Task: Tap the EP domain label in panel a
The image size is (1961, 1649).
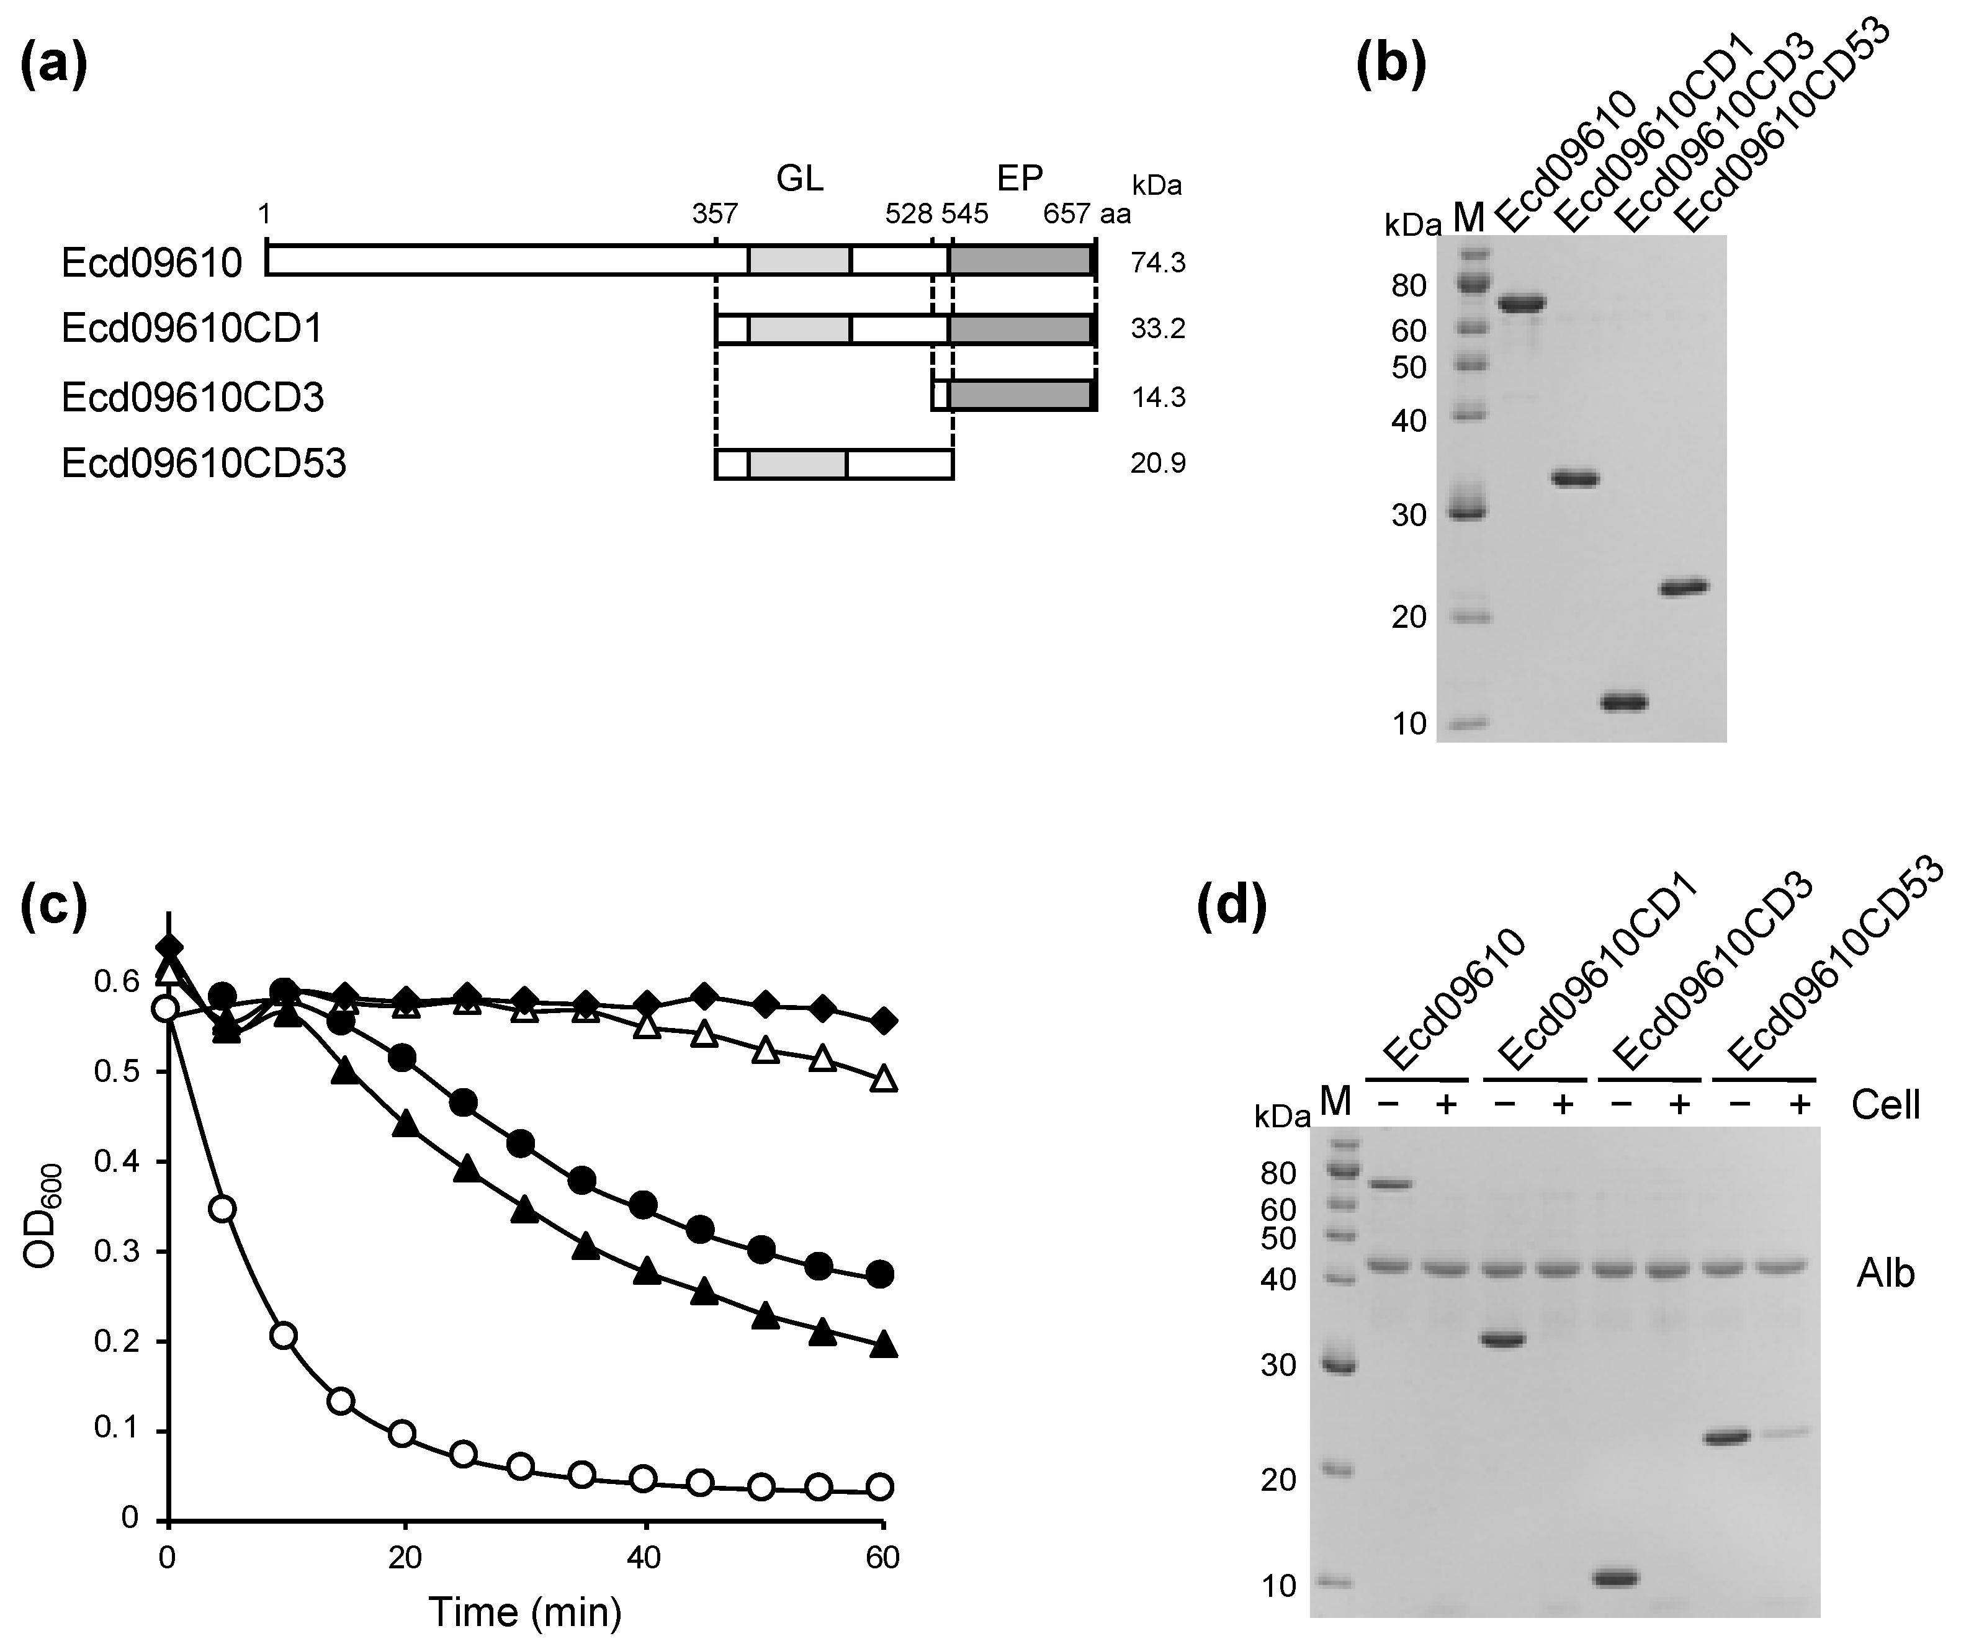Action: click(1020, 177)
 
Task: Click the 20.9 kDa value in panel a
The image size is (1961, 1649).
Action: click(1158, 463)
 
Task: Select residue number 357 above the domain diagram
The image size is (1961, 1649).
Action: click(714, 215)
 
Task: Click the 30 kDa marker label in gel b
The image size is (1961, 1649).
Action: click(1408, 515)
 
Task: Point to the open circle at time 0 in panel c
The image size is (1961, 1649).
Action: click(166, 1009)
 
